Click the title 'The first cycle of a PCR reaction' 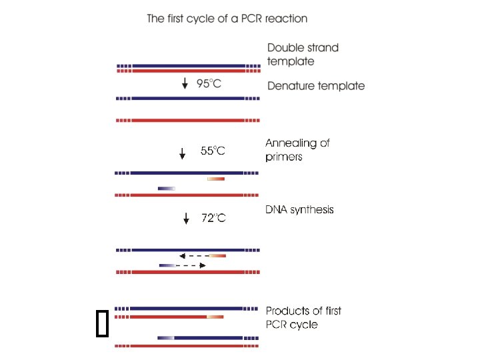(x=227, y=18)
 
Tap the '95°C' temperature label (x=209, y=84)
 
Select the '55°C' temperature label (x=213, y=151)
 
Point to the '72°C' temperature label (x=213, y=217)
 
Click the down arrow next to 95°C (x=185, y=84)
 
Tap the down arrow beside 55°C (x=183, y=153)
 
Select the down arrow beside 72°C (x=186, y=218)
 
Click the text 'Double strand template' (x=303, y=54)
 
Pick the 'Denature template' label (x=316, y=85)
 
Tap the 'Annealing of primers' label (x=297, y=150)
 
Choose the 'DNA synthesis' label (x=299, y=209)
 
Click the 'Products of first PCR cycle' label (x=303, y=317)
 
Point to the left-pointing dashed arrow (x=194, y=255)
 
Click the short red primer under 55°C (x=216, y=179)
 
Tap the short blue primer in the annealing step (x=167, y=189)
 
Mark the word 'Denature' (x=291, y=85)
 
